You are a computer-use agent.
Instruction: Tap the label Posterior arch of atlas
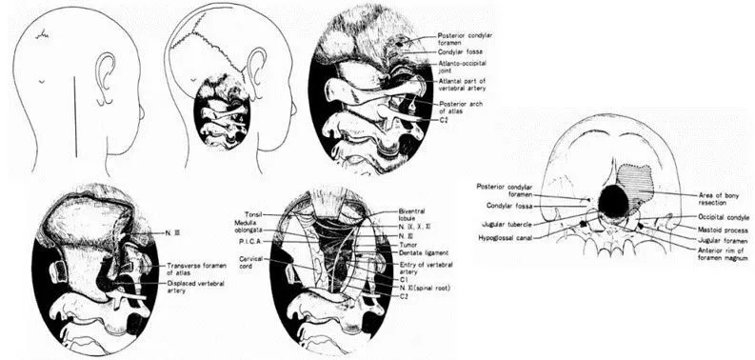pyautogui.click(x=463, y=107)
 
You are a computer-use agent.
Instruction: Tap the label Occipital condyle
pyautogui.click(x=706, y=217)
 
